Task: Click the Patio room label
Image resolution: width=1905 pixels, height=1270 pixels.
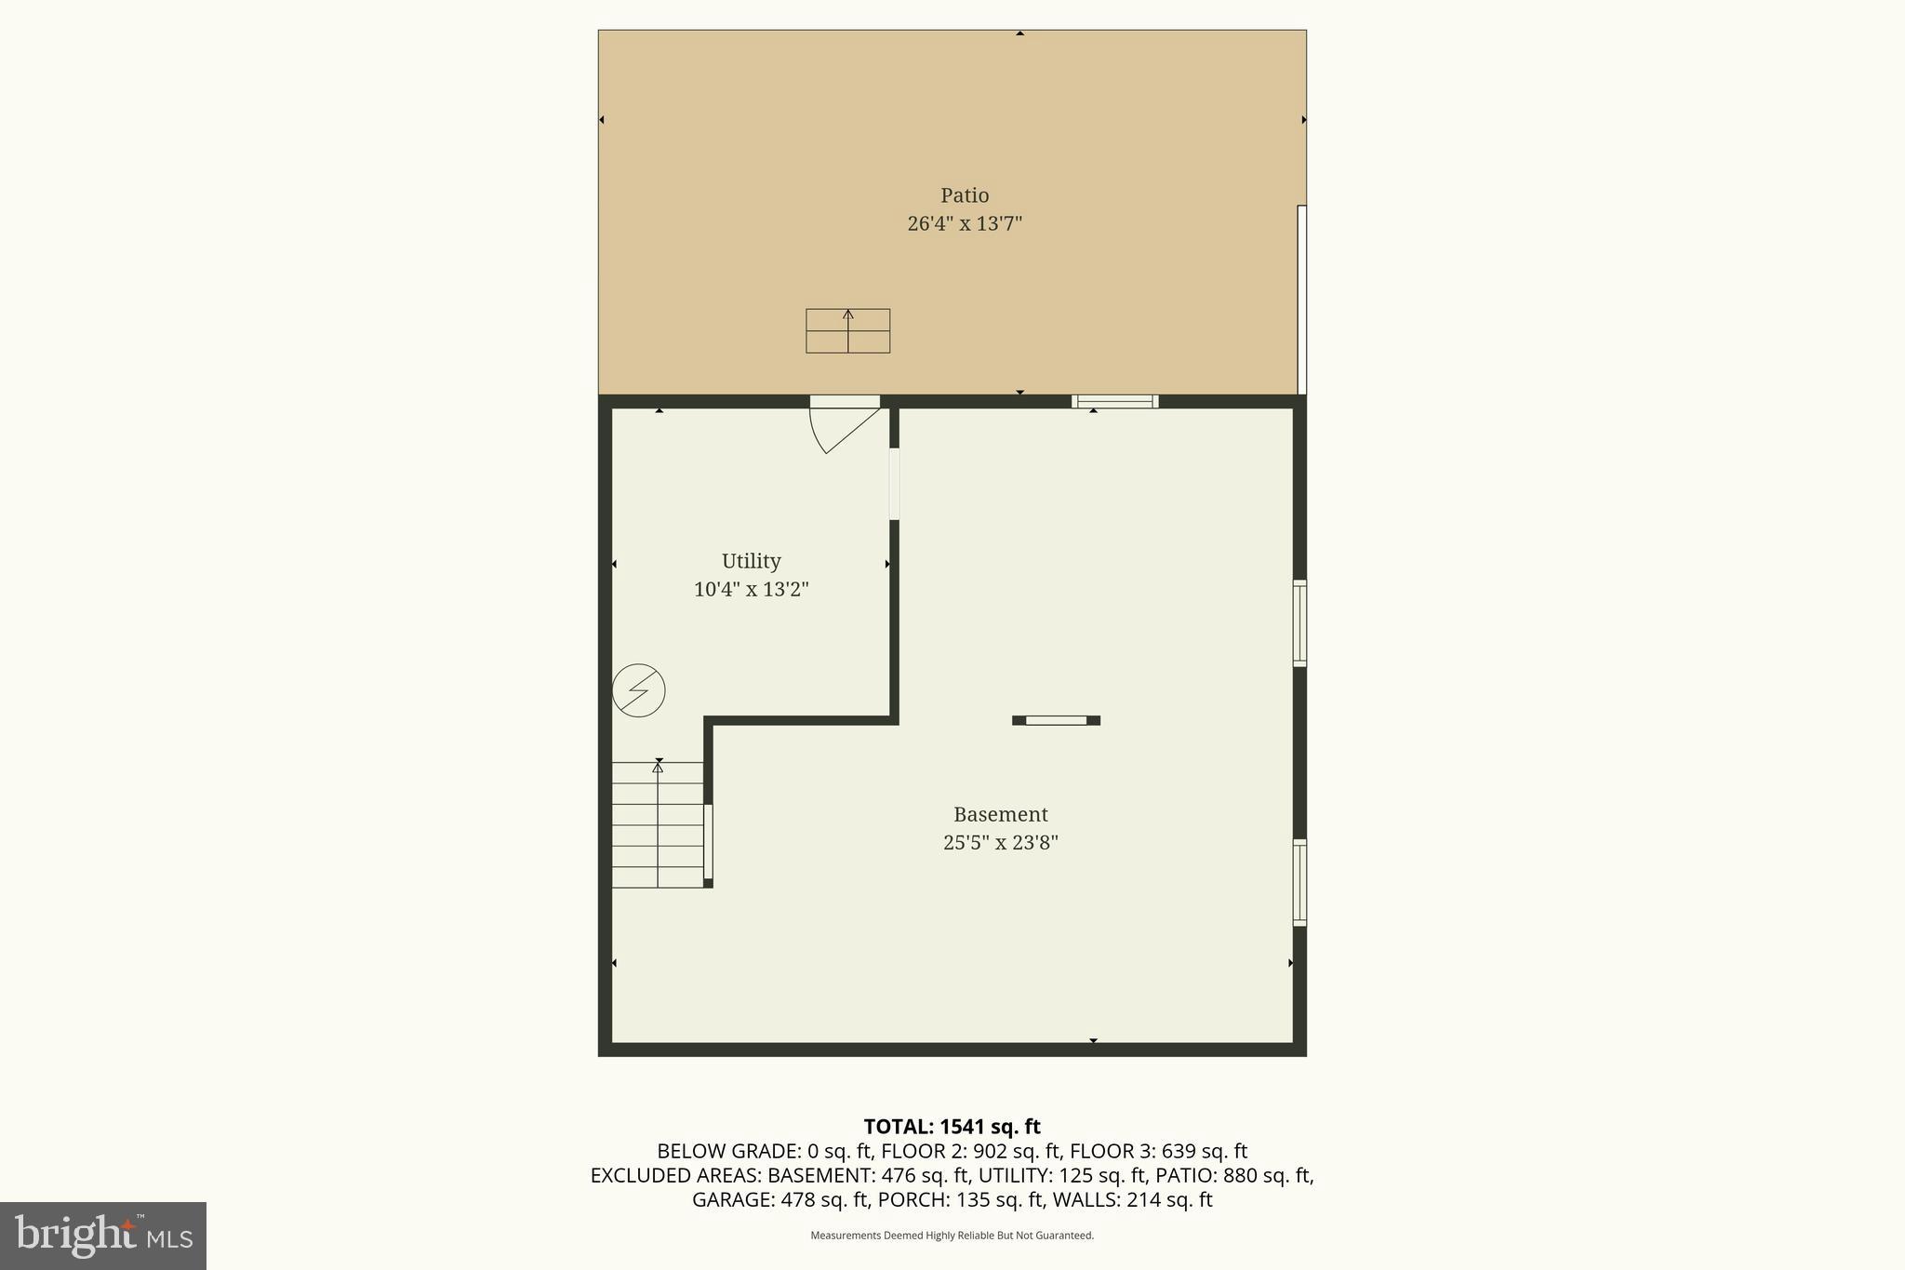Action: click(965, 195)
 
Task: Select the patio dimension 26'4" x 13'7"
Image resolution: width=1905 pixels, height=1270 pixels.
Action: click(965, 223)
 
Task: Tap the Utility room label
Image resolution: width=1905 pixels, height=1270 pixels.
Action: click(751, 561)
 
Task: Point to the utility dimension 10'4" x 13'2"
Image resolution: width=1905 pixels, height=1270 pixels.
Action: click(751, 589)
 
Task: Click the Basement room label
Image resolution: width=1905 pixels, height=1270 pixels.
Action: click(1000, 814)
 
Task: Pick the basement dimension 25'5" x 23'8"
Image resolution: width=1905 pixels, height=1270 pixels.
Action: click(1000, 843)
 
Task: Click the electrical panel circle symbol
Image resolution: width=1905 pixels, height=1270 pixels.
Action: click(639, 690)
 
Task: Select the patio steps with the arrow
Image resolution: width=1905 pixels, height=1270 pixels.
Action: click(847, 331)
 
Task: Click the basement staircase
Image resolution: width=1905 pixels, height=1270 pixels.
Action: click(658, 824)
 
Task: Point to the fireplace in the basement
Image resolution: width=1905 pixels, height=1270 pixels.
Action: click(1056, 720)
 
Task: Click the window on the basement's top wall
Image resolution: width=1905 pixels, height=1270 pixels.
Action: click(1114, 402)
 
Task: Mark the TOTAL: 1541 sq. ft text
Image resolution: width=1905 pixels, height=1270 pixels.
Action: click(952, 1127)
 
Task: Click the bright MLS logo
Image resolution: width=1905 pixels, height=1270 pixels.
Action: click(103, 1236)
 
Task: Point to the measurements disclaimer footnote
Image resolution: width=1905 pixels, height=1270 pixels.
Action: click(952, 1236)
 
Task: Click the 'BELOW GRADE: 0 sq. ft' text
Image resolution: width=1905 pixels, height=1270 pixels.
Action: click(764, 1151)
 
